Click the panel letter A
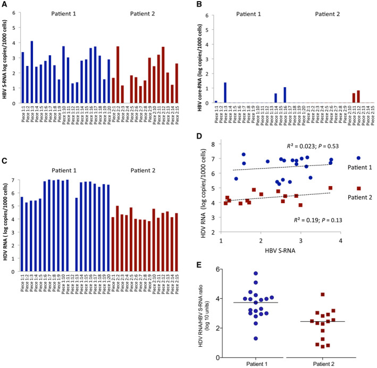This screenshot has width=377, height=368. point(4,4)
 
